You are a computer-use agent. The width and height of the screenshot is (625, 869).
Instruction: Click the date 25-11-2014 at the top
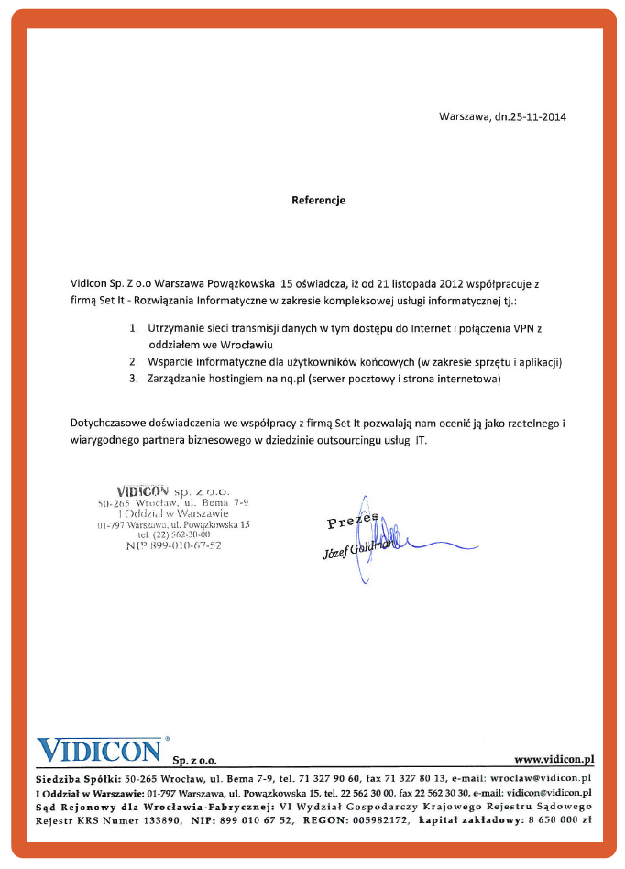532,117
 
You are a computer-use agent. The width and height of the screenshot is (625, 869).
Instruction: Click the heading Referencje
318,200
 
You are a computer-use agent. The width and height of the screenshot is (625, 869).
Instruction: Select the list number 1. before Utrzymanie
134,327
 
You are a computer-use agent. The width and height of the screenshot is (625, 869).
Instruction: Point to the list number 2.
134,361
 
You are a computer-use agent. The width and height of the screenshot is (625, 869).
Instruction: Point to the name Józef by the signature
336,553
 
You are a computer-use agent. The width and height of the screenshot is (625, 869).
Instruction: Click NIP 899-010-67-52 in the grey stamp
173,545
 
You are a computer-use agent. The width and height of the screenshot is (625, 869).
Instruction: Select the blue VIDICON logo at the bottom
99,749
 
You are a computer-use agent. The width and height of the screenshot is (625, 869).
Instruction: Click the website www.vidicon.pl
554,759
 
